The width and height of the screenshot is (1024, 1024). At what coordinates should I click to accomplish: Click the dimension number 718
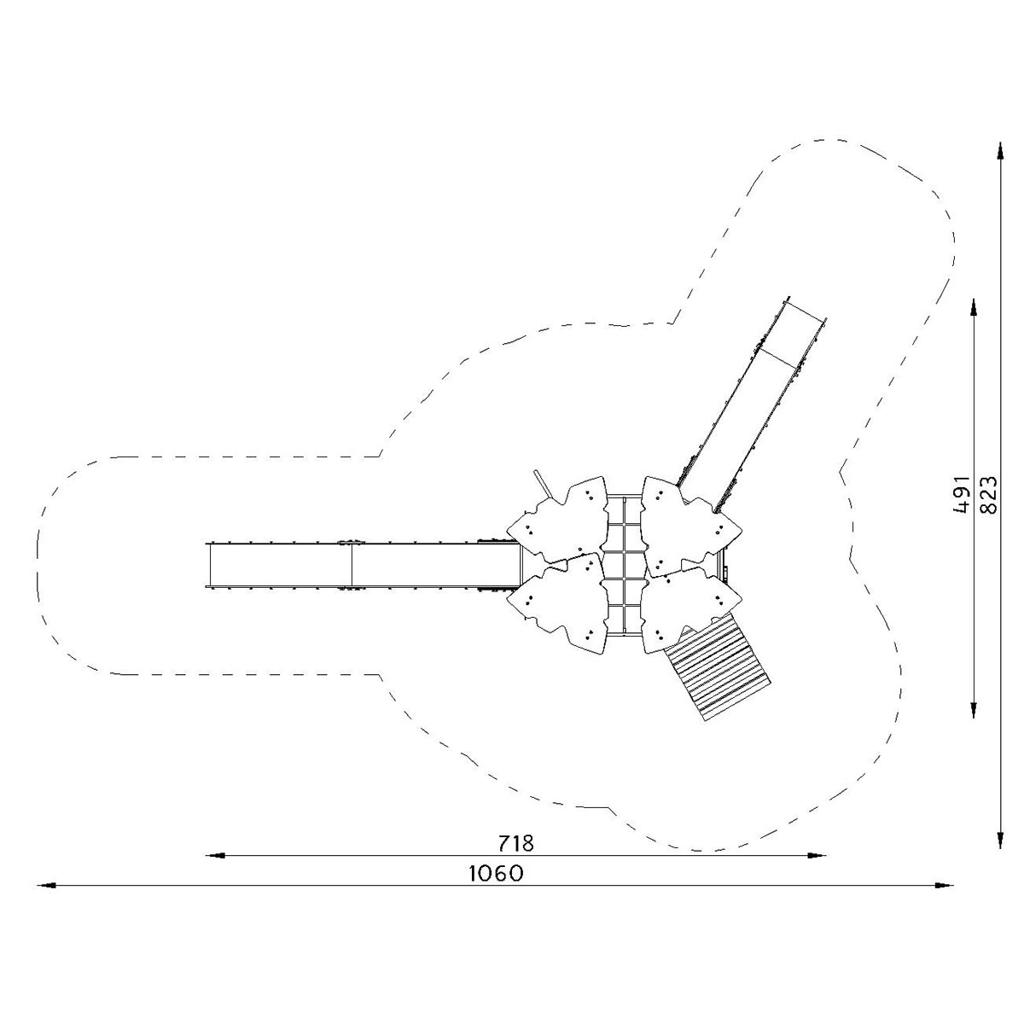(x=515, y=843)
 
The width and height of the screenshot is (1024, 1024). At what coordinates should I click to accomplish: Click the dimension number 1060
(x=497, y=874)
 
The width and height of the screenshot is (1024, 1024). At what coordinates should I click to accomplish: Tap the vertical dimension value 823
(x=988, y=495)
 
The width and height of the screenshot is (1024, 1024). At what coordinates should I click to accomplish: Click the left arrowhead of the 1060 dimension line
(x=46, y=885)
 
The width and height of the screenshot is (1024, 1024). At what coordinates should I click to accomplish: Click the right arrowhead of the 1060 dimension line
(x=945, y=885)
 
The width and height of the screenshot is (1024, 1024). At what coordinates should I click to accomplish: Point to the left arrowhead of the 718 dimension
(x=215, y=856)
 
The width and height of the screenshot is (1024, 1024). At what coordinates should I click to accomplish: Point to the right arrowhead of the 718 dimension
(x=817, y=856)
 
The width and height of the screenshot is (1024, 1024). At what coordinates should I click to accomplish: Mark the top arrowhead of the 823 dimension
(x=1001, y=151)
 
